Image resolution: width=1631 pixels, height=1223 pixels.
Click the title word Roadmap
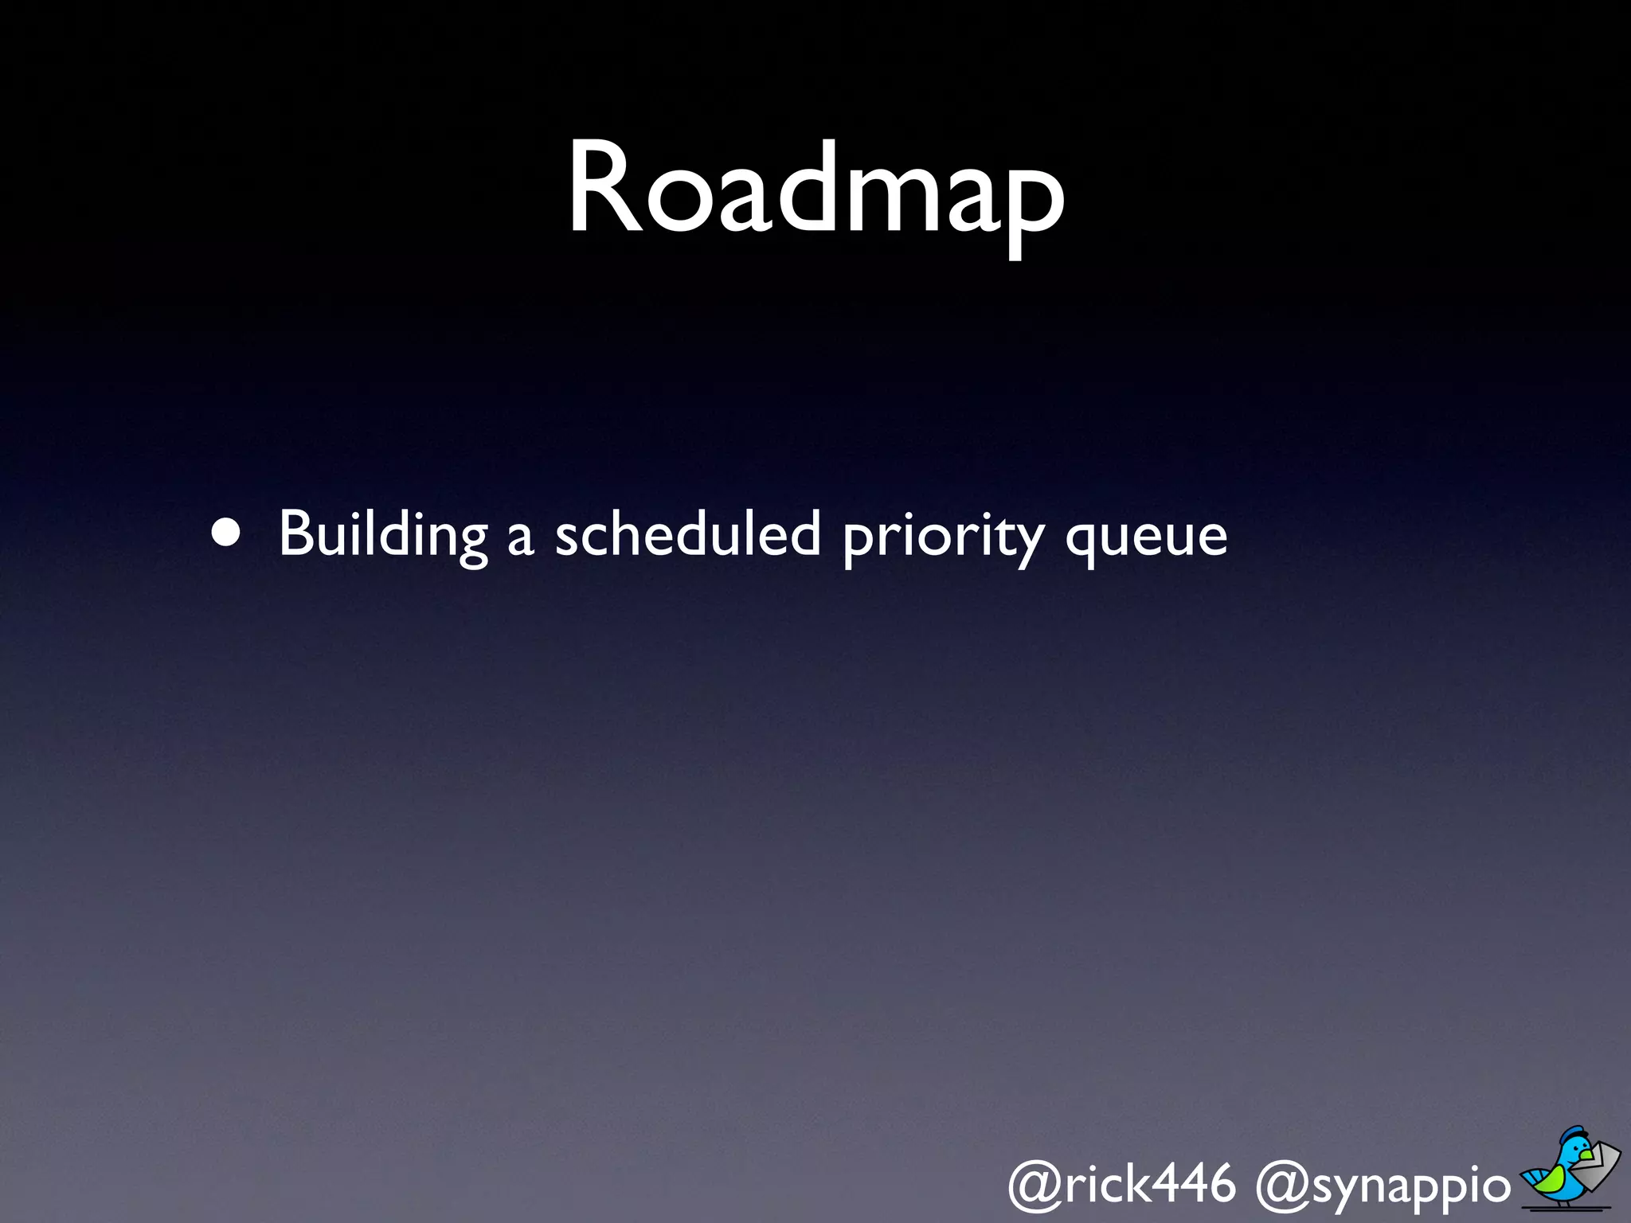815,191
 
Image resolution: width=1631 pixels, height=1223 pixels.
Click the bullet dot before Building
226,534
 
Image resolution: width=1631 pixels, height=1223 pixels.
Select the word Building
382,535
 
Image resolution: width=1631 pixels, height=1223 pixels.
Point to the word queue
1147,538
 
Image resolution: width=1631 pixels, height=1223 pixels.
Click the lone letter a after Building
519,540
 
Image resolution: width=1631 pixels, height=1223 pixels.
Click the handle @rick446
1121,1183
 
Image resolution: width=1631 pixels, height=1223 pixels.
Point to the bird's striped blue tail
1534,1177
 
